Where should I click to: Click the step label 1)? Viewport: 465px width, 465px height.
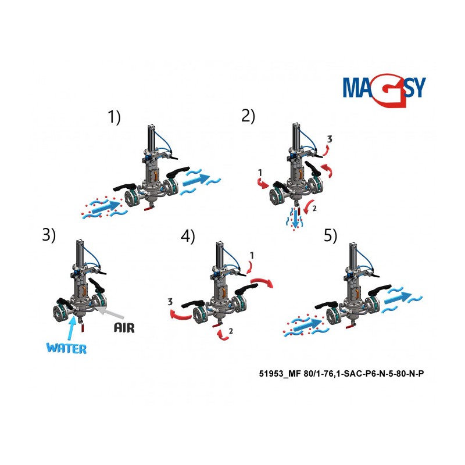[114, 117]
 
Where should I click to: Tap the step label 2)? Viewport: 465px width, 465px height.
[248, 116]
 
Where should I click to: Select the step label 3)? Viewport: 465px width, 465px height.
[49, 235]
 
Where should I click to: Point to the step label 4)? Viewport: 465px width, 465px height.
[188, 237]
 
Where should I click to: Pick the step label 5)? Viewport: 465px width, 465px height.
[330, 236]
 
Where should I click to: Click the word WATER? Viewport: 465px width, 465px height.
[66, 348]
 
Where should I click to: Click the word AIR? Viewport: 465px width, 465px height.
[124, 327]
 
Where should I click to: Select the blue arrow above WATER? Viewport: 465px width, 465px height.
[70, 328]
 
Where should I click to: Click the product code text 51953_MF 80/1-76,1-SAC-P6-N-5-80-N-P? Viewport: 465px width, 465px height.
[341, 374]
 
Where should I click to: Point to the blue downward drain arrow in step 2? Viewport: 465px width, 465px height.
[295, 217]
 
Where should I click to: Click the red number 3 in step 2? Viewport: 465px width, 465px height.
[330, 139]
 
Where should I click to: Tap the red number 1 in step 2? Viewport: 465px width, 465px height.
[260, 172]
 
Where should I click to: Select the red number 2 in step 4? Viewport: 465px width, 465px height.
[231, 331]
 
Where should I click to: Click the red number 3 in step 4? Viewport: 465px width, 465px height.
[170, 302]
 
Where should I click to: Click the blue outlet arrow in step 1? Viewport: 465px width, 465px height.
[196, 180]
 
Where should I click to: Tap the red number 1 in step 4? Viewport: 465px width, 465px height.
[252, 255]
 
